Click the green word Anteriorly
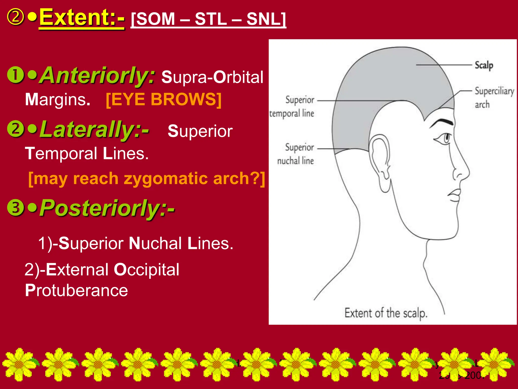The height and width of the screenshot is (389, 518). point(98,75)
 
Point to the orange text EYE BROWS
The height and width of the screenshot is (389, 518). point(164,99)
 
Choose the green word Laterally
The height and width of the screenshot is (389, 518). point(94,129)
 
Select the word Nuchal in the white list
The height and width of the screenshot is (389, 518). point(155,243)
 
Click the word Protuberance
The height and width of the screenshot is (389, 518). point(76,290)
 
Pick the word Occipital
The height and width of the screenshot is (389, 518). point(146,269)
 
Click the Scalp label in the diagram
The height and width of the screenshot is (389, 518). point(484,65)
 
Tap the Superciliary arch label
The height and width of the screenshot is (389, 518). point(494,98)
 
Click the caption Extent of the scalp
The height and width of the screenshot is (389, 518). point(386,314)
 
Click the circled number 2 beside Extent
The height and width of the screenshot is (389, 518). point(15,17)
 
